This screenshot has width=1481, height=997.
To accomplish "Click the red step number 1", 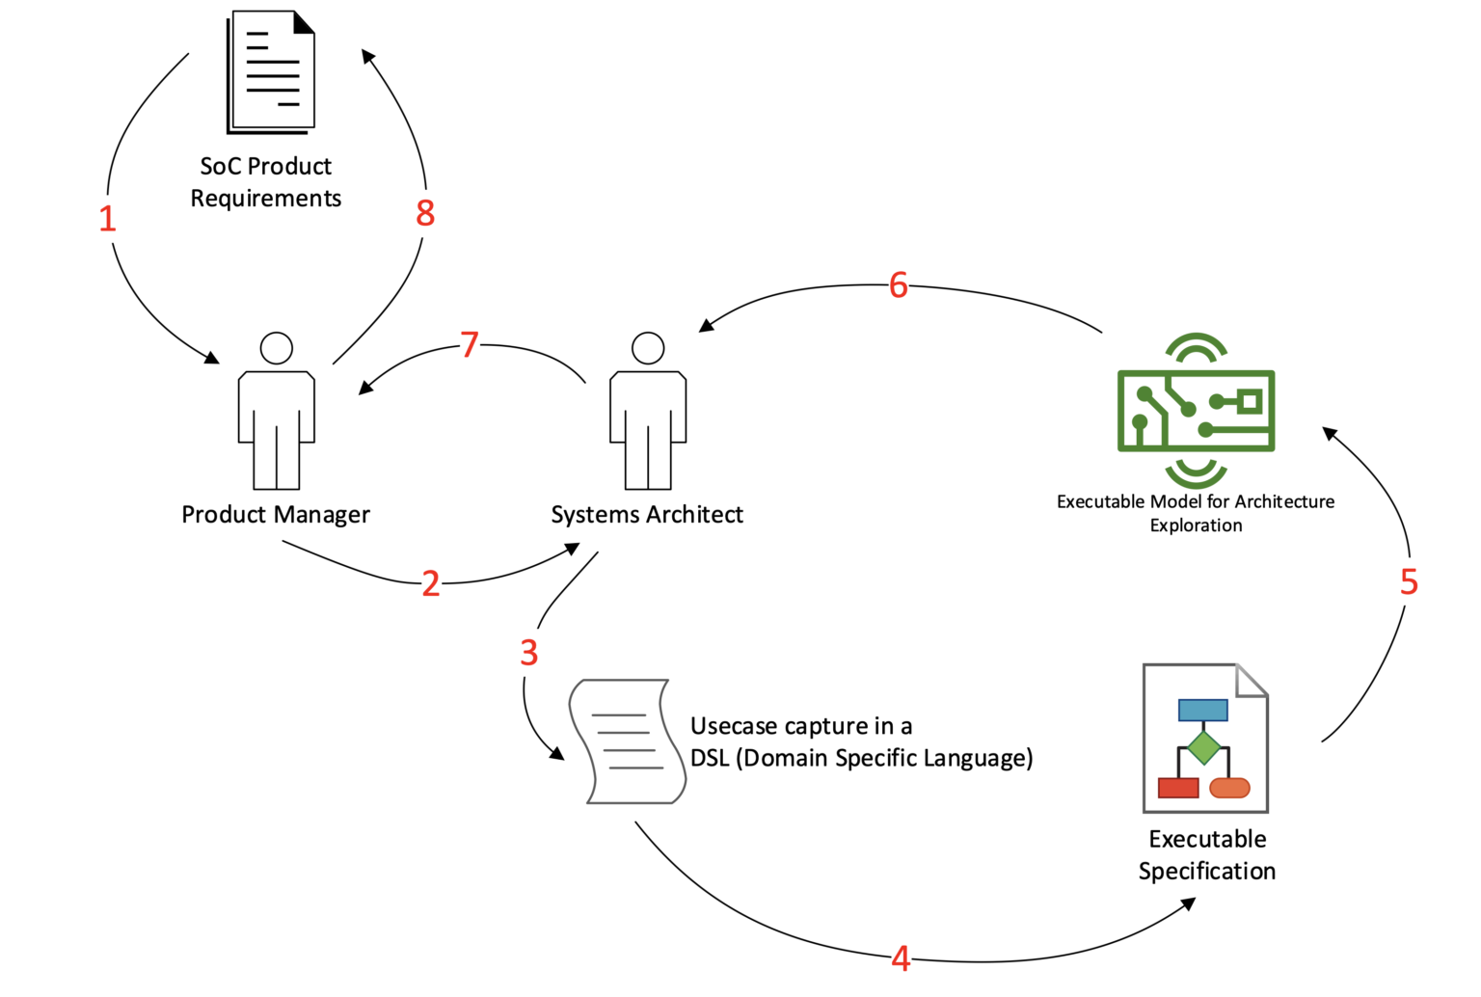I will [x=107, y=219].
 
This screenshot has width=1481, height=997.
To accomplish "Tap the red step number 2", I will [x=431, y=583].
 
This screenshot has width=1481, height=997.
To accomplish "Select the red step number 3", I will [x=528, y=653].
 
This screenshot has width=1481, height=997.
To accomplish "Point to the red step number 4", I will [x=901, y=958].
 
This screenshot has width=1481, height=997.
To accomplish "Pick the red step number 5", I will [x=1409, y=581].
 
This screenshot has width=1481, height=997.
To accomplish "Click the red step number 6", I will [x=899, y=285].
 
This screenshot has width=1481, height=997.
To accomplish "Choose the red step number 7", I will [x=470, y=344].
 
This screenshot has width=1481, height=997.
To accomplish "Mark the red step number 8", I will [x=425, y=213].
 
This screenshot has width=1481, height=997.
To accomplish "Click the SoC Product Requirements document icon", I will [x=272, y=72].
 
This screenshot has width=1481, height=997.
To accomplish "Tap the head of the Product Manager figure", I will [x=277, y=348].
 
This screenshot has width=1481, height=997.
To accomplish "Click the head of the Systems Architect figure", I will [x=648, y=348].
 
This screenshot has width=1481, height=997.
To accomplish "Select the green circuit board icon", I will [x=1196, y=411].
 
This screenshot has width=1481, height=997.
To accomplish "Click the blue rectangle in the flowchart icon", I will [x=1202, y=711].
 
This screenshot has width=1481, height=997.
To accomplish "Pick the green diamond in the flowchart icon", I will [x=1203, y=747].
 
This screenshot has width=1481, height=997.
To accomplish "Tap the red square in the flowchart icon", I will [x=1177, y=788].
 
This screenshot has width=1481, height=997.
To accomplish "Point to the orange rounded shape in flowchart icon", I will [x=1229, y=788].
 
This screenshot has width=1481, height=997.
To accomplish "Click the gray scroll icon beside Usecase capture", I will [x=628, y=741].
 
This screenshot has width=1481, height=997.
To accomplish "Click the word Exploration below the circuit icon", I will [x=1196, y=525].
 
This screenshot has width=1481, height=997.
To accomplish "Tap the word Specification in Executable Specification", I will [x=1206, y=872].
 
